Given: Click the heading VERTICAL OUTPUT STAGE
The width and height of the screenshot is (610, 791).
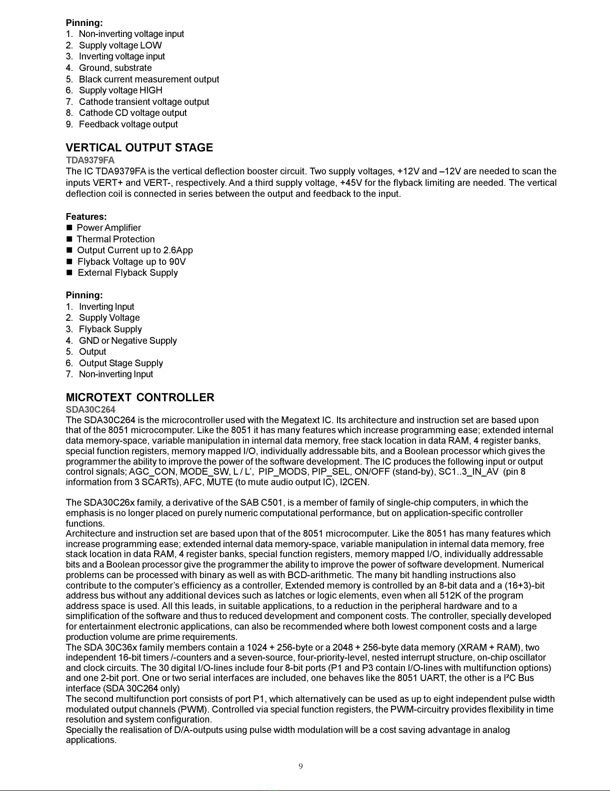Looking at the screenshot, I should point(139,148).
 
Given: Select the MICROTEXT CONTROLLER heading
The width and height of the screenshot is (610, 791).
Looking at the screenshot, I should point(140,398).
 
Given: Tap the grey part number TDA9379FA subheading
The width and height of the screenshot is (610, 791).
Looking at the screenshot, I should point(90,160).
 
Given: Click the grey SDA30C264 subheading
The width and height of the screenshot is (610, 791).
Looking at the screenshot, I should point(90,410).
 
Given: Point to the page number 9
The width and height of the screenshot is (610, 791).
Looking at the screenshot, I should point(300,767).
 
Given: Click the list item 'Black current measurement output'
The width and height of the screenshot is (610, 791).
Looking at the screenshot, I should point(148,79).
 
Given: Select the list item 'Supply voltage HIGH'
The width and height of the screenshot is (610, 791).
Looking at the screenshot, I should point(120,90).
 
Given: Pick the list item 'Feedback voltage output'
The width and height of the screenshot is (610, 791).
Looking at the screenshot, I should point(128,124).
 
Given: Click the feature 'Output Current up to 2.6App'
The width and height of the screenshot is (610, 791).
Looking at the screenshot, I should point(134,250).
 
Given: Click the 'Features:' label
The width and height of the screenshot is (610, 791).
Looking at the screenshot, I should point(86,217).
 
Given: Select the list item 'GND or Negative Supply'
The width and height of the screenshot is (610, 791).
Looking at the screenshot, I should point(127,341).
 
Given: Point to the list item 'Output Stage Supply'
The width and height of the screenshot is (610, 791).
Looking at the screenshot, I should point(120,363).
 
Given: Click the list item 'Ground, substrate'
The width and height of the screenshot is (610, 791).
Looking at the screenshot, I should point(115,68).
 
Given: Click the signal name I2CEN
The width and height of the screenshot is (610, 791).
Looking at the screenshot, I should point(354,483).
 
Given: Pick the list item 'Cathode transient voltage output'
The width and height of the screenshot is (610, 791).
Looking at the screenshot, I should point(144,102).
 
